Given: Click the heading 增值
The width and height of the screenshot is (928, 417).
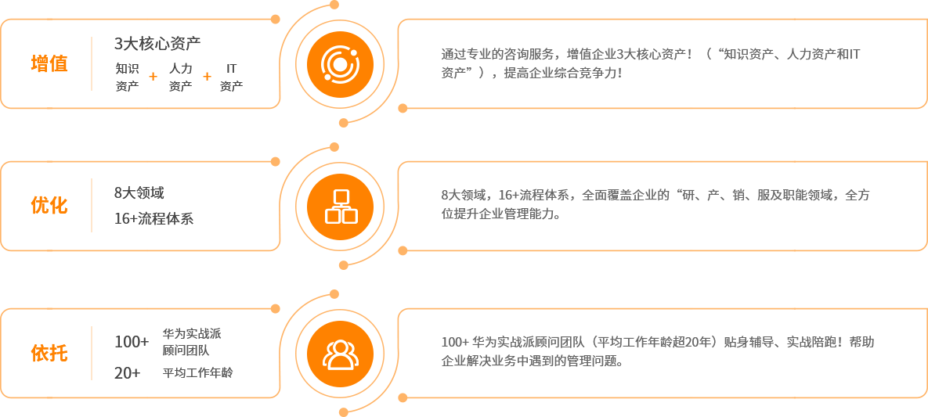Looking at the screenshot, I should pos(49,63).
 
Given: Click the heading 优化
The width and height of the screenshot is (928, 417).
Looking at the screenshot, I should pos(49,205).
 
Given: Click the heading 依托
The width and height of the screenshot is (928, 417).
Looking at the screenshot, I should pos(49,353).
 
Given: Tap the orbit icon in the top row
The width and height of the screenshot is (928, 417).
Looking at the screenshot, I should pos(339,64).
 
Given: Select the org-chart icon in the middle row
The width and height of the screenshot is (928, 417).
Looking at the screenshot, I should pos(339,207).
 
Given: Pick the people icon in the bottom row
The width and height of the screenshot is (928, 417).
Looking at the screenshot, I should pos(339,354).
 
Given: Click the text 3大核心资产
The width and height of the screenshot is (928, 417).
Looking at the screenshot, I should pos(157,43).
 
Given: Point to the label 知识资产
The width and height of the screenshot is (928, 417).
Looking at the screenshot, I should pos(127,77).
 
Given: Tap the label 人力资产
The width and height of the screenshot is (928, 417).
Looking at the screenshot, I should pos(180,77).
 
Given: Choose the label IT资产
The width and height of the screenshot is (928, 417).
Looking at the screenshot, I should pos(231,77).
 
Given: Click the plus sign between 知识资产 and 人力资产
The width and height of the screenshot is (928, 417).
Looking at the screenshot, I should pos(153,77).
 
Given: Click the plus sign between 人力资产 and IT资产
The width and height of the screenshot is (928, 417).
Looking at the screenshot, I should pos(207,77).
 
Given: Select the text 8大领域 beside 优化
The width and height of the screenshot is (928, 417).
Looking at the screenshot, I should pos(139,192).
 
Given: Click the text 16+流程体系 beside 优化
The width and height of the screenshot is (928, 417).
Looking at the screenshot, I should pos(153,218).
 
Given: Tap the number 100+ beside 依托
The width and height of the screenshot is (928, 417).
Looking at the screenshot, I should pos(131,342).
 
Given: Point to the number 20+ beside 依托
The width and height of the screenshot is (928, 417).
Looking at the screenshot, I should pos(126,373).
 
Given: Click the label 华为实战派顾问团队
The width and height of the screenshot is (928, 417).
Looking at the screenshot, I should pos(191,342).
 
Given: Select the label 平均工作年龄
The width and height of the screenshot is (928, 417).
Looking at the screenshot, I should pos(197,373).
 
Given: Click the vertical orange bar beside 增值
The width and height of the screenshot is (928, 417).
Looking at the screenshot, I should pos(91,63).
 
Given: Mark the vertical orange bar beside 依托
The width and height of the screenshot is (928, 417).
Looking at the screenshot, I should pos(91,353).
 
